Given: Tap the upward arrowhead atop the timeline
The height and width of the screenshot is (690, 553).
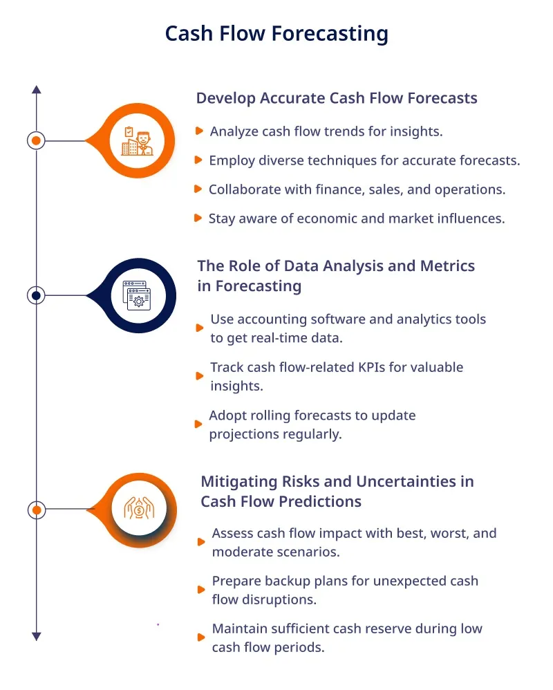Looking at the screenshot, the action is (37, 89).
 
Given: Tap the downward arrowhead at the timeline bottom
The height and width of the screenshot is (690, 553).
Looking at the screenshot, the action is (37, 636).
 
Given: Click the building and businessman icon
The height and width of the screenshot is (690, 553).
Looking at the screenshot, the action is (138, 141).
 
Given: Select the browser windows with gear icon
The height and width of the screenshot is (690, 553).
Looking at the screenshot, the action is (138, 295).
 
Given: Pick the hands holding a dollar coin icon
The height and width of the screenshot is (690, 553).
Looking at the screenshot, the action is (139, 508).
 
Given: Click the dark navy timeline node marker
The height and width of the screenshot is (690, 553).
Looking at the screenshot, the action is (36, 295).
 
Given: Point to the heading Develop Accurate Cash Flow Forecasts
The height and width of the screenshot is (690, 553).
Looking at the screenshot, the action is (337, 98).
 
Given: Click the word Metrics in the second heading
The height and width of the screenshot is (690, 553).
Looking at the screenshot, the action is (447, 265).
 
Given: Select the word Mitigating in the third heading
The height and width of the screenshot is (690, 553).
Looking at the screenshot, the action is (239, 482).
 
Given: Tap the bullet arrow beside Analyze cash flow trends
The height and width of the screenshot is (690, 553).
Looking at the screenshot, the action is (199, 131).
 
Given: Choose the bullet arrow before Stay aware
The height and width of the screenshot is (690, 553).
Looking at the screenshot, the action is (198, 218).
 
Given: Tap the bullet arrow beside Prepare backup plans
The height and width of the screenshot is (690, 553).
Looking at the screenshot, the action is (201, 590).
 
